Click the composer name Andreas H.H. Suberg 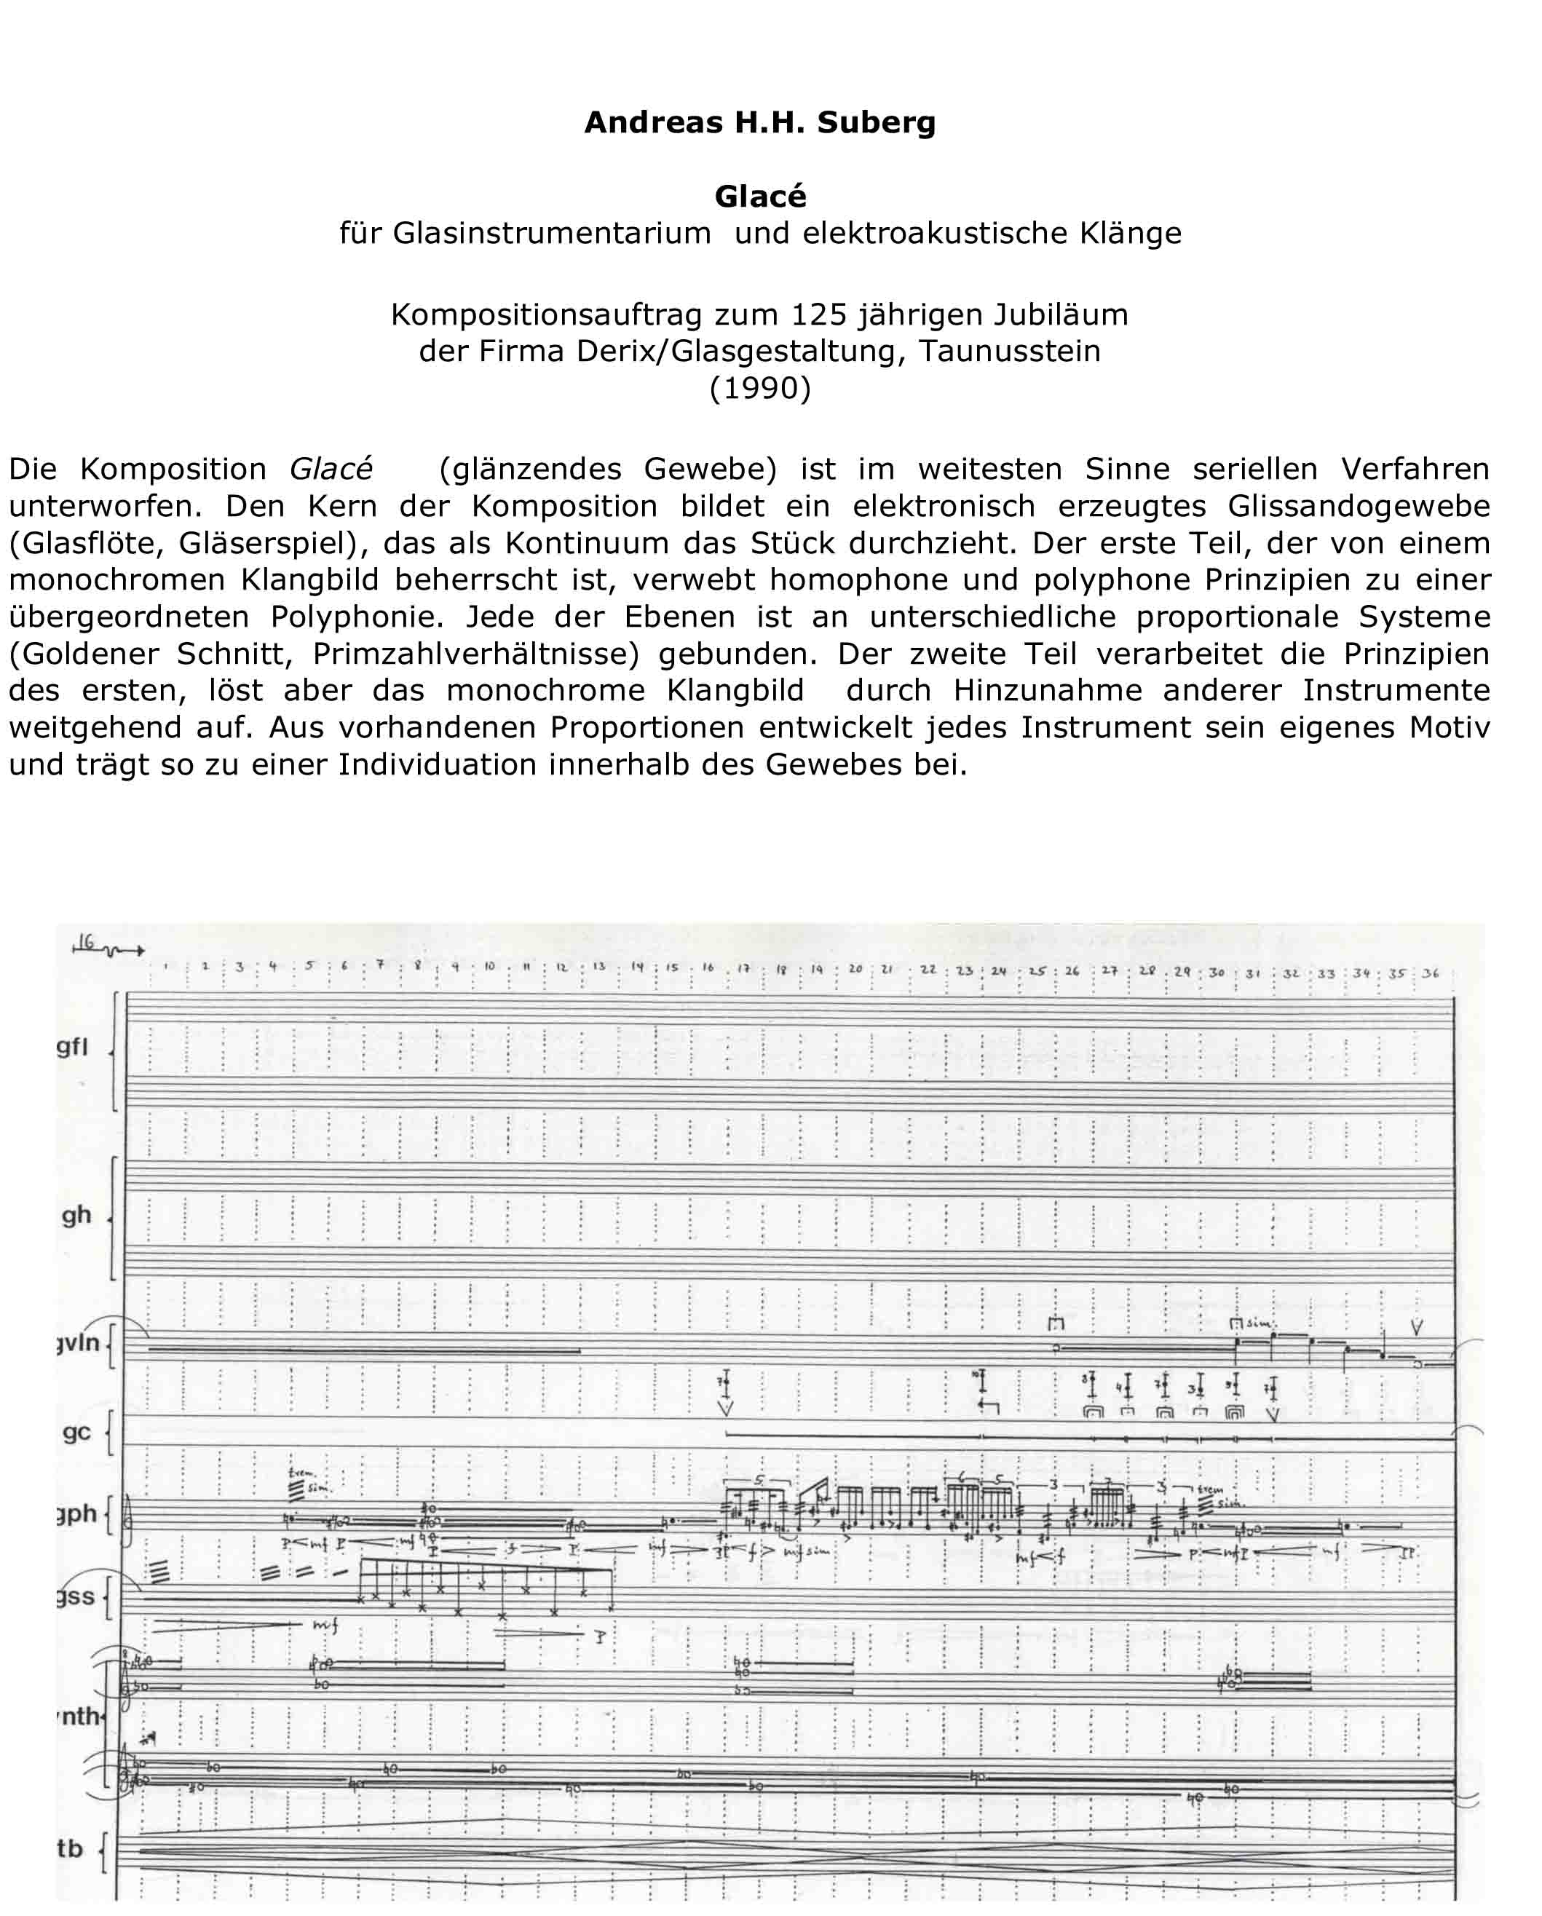coord(760,122)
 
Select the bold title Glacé coord(760,197)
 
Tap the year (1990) coord(760,388)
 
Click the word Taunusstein coord(1010,351)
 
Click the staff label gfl coord(73,1047)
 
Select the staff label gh coord(76,1215)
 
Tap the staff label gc coord(76,1432)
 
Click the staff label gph coord(76,1513)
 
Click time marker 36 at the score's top coord(1430,973)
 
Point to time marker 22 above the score coord(928,970)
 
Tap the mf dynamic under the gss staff coord(325,1626)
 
